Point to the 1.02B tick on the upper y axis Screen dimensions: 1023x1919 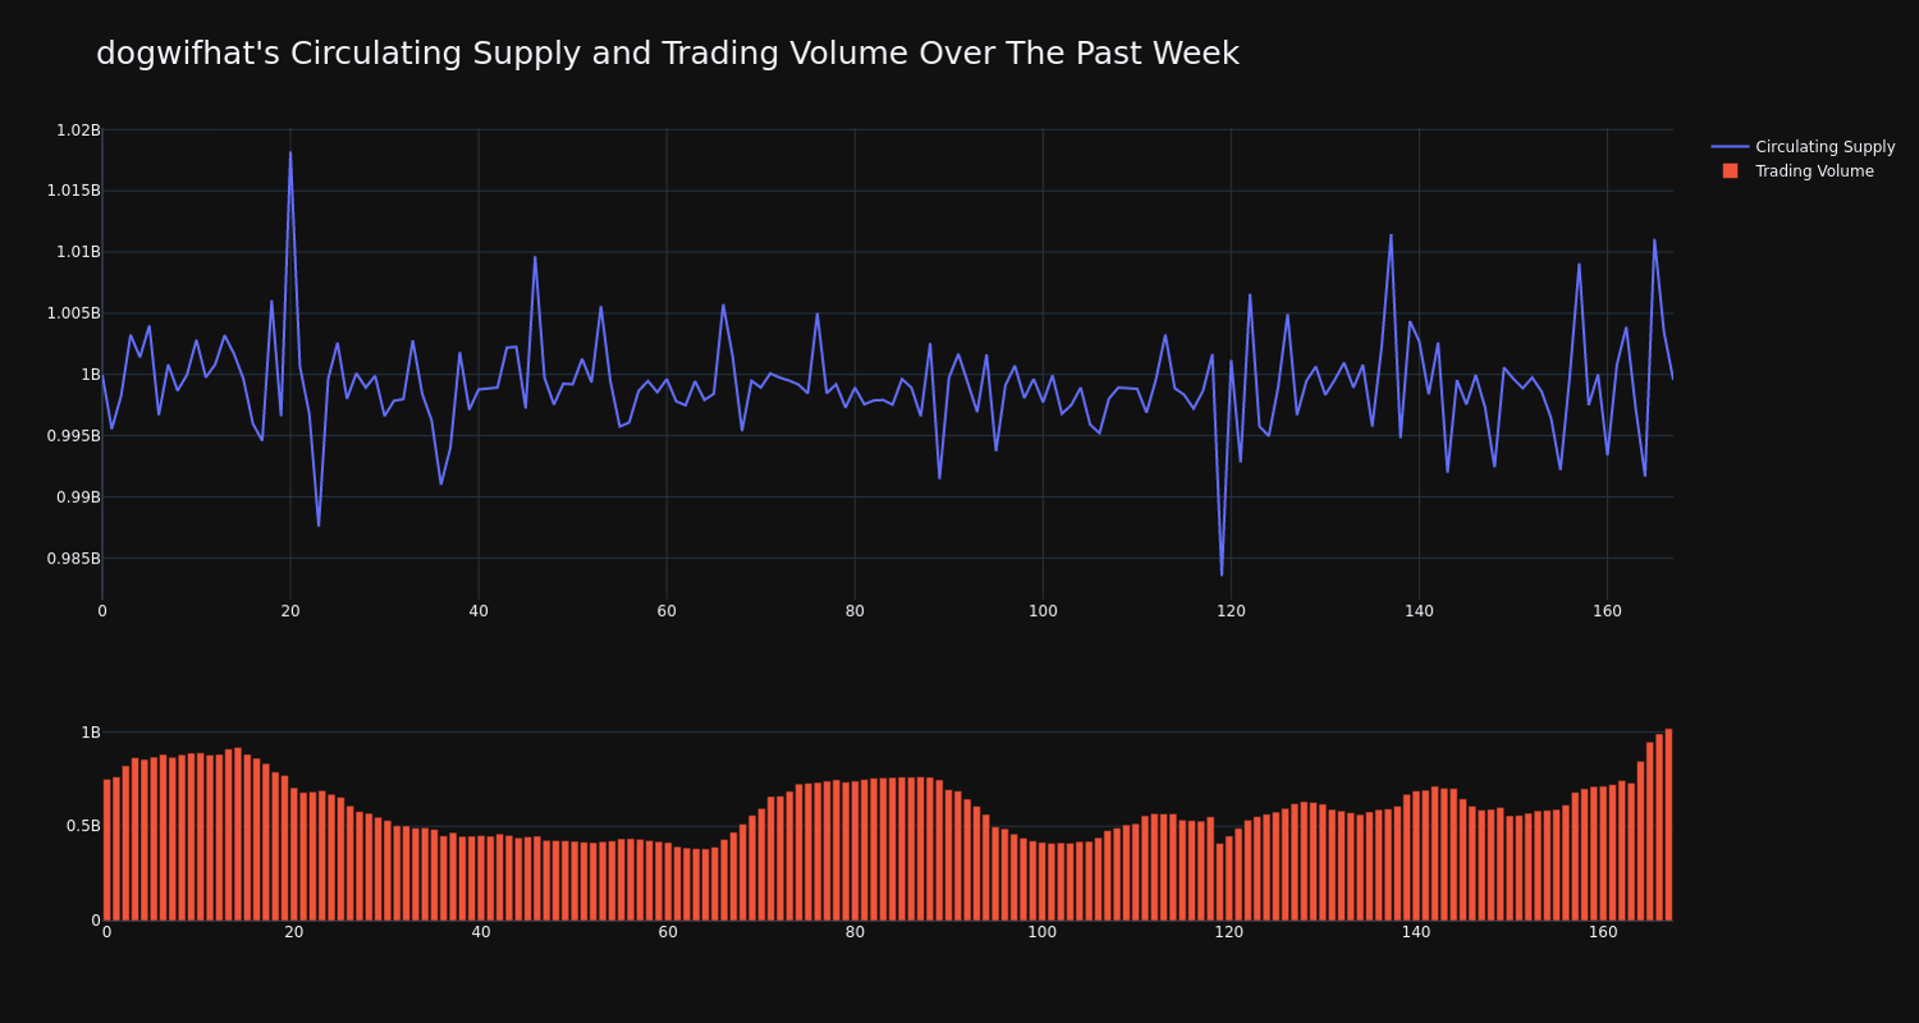(78, 130)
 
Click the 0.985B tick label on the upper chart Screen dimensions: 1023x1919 (73, 558)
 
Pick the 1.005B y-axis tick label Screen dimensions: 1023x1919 (73, 314)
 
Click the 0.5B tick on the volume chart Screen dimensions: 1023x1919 (83, 826)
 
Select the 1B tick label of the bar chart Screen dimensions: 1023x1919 (90, 733)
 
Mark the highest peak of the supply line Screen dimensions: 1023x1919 (291, 153)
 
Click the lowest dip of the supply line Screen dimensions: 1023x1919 (1221, 574)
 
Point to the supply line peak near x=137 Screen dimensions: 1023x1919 (1390, 236)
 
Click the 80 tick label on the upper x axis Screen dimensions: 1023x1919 (855, 611)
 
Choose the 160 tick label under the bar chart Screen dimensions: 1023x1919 (1602, 932)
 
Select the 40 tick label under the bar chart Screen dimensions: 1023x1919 (481, 932)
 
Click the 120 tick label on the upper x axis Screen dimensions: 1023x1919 (1230, 611)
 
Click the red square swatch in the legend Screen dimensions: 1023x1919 (1730, 172)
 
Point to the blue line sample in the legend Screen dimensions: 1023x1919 (1730, 147)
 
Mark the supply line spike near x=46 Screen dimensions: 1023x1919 (535, 258)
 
